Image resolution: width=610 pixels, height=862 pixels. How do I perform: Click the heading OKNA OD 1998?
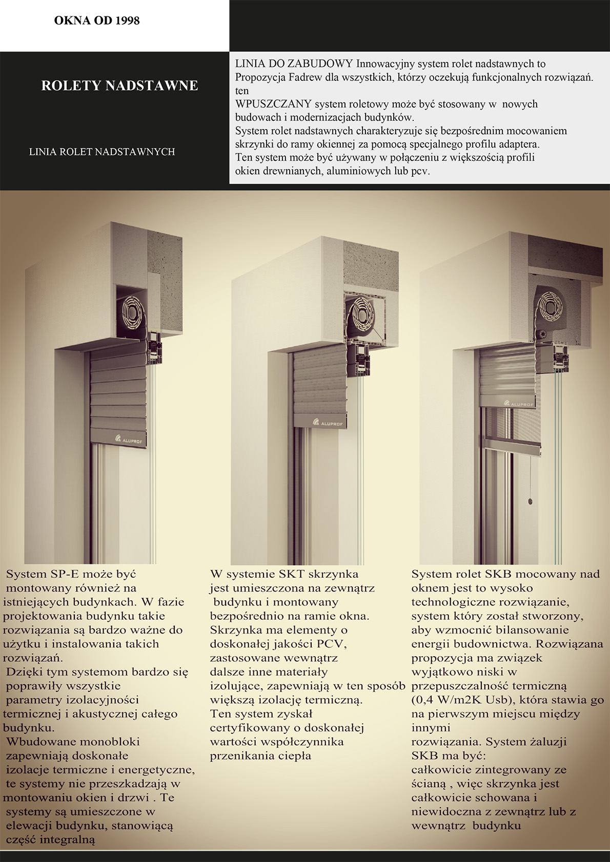pos(97,20)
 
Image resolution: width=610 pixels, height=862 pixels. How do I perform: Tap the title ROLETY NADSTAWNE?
pos(119,86)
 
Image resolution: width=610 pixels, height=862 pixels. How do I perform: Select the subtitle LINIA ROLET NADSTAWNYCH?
pos(102,152)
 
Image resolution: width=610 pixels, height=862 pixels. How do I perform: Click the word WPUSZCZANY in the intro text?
pos(273,104)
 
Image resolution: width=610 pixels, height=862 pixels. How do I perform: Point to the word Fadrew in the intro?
pos(307,77)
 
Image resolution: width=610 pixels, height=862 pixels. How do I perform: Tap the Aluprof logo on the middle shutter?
pos(329,422)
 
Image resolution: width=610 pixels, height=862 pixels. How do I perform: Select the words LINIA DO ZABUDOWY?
pos(294,64)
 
